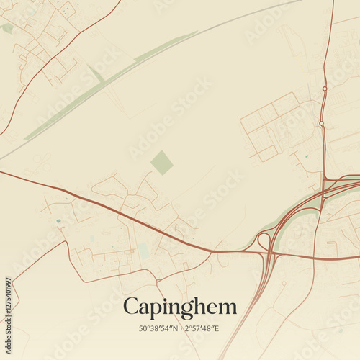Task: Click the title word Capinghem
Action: (179, 307)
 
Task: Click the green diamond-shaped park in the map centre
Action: (162, 162)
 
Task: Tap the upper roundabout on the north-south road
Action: (325, 89)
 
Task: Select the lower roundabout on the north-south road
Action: (321, 123)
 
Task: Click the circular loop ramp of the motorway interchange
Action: (264, 241)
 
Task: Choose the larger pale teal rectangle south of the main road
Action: (144, 251)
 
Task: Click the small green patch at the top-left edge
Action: (7, 28)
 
